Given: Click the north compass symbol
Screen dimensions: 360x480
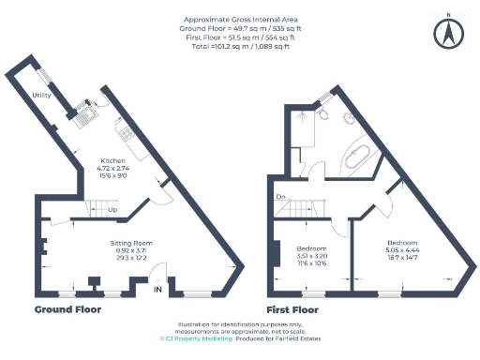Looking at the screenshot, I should [x=448, y=32].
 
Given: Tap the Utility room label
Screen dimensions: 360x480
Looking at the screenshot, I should [x=40, y=96].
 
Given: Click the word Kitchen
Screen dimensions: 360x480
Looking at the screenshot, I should [x=113, y=160].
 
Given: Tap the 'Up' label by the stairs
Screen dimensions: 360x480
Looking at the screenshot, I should [x=112, y=210].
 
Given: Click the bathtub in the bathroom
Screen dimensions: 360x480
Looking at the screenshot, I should [x=360, y=155].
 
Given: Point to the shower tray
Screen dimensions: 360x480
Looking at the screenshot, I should [x=303, y=127].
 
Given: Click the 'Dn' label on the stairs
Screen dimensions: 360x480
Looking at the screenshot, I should [x=280, y=196].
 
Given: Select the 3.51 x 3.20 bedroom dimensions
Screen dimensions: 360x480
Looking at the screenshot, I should [x=310, y=255].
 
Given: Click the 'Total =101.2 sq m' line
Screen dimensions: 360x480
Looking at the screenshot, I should [x=240, y=47].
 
